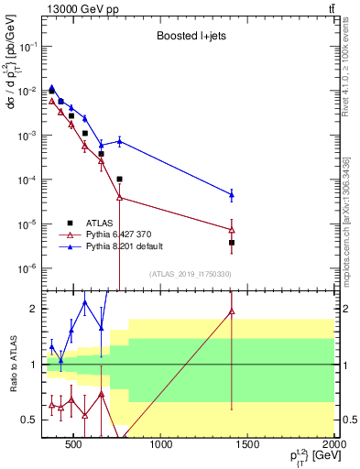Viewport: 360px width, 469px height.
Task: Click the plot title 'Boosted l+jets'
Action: pos(187,38)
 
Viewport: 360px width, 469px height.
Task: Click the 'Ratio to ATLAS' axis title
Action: pos(13,365)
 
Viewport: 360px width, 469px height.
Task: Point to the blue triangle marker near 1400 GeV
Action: pos(232,194)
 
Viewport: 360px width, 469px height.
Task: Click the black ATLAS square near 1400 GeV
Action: pos(232,243)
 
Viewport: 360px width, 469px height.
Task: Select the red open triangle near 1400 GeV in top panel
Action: pos(232,229)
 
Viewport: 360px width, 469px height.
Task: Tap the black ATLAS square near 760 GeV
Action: pos(120,179)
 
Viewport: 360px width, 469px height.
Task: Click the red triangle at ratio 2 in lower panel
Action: pos(232,311)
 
